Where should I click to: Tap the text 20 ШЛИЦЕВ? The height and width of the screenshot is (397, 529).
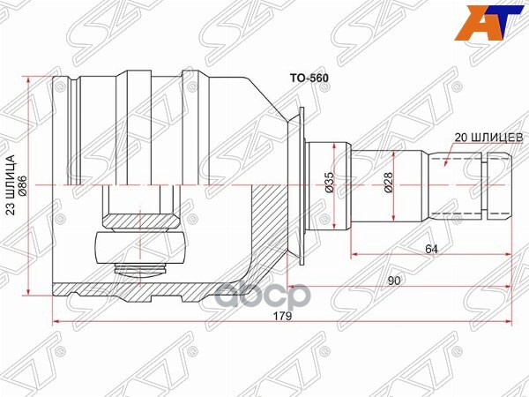pos(489,137)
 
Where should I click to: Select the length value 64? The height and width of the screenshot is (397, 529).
pos(431,250)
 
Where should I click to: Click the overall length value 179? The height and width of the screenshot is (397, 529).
pos(282,315)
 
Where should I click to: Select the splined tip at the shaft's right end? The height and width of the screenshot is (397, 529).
pos(498,185)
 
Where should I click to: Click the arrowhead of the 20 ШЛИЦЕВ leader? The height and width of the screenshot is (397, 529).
pos(446,163)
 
